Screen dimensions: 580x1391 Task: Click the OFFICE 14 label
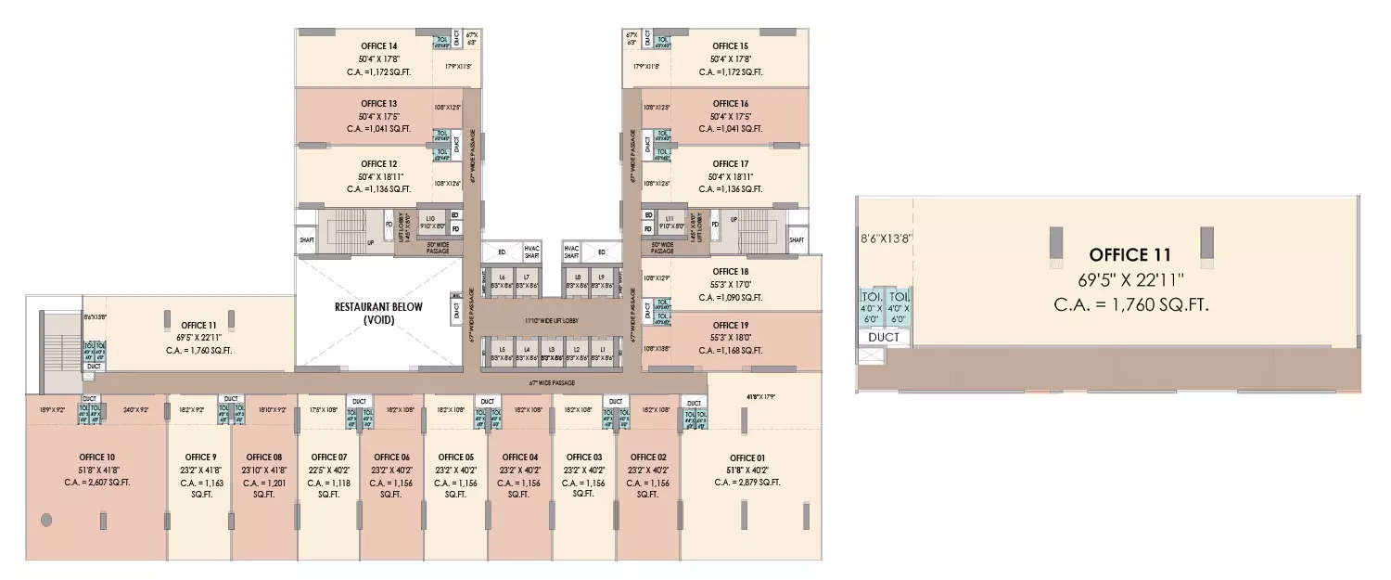click(379, 45)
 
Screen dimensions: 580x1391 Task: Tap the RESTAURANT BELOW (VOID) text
click(378, 313)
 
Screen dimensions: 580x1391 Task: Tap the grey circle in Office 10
click(46, 519)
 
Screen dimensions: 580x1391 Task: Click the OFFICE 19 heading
click(731, 326)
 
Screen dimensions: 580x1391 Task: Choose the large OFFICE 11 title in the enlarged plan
click(1129, 254)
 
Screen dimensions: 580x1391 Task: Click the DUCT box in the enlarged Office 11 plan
click(884, 337)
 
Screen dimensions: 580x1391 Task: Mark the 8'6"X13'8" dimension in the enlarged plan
click(887, 238)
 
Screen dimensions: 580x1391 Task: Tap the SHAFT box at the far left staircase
click(307, 240)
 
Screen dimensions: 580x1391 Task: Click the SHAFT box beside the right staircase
click(796, 240)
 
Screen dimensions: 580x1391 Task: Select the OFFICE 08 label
click(264, 458)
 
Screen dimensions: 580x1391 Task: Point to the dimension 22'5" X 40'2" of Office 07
click(328, 470)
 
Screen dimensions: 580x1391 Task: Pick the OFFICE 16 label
click(731, 104)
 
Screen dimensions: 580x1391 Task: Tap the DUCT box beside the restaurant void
click(456, 313)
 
